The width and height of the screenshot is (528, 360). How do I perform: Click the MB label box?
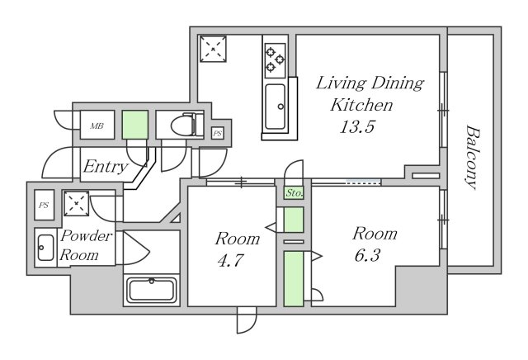[97, 125]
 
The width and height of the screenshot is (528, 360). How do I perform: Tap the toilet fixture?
[187, 125]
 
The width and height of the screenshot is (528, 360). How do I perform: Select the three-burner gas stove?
[275, 58]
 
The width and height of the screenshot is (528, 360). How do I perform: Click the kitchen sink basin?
[275, 107]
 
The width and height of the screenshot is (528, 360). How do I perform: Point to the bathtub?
[152, 291]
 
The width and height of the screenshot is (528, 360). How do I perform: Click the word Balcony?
[472, 158]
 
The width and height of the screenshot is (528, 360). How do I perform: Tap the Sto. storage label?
[294, 193]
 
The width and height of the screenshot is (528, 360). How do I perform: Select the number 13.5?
[357, 127]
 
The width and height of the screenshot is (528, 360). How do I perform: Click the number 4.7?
[230, 260]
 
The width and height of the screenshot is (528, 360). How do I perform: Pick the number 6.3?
[367, 255]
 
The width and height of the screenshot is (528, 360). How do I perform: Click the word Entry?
[106, 166]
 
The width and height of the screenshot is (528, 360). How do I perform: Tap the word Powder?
[87, 235]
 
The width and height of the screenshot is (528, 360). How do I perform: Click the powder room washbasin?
[45, 248]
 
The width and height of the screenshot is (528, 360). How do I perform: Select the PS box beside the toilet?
[218, 134]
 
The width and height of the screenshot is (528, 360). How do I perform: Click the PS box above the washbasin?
[44, 205]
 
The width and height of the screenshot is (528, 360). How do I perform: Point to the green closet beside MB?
[135, 125]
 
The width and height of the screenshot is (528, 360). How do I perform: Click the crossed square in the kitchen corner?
[213, 49]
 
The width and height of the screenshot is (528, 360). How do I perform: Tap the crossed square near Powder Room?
[77, 204]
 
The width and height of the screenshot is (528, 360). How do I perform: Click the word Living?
[341, 83]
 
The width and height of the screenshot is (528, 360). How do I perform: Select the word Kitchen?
[361, 105]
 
